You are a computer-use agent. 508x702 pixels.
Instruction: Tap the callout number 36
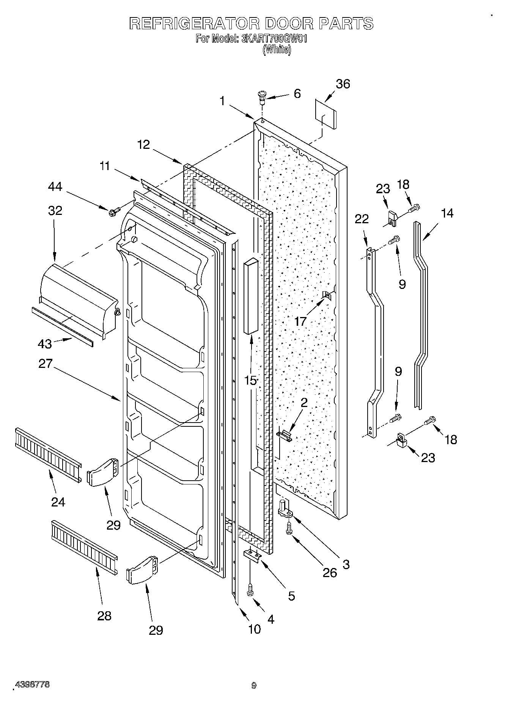coord(343,84)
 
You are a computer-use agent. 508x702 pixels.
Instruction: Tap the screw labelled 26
coord(289,528)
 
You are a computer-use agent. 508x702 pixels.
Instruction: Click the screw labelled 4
coord(250,590)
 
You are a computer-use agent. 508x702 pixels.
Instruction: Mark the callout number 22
coord(362,219)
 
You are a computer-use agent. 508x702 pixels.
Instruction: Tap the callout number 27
coord(45,363)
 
